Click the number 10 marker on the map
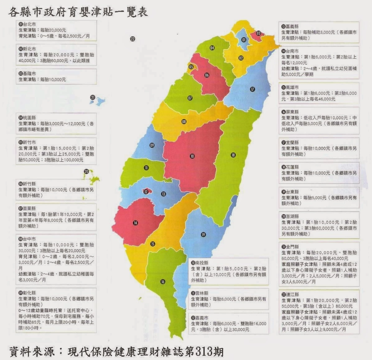click(x=192, y=156)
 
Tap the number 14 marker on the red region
click(x=135, y=223)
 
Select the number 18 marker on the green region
click(x=233, y=155)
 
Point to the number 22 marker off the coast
click(x=133, y=38)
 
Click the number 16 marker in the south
click(x=163, y=282)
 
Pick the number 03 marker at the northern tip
click(x=258, y=33)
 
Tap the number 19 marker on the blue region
click(x=203, y=234)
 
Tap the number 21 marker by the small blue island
click(x=92, y=97)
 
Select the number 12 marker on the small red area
click(x=146, y=192)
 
